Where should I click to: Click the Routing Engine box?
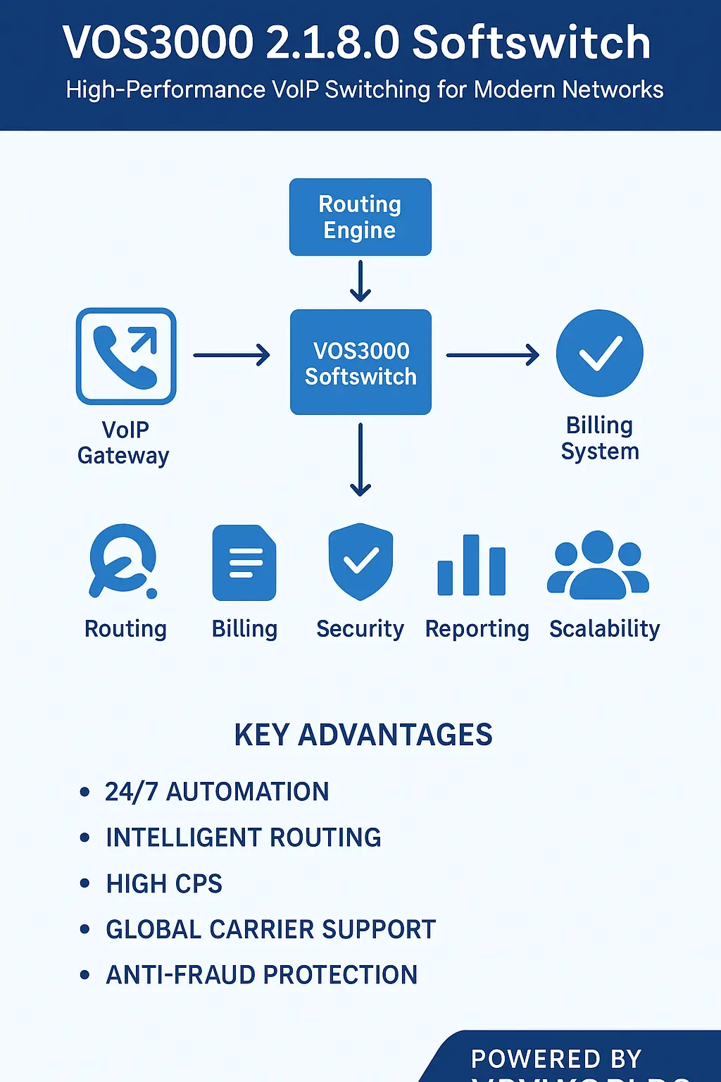point(360,217)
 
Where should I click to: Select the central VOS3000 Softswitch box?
point(360,362)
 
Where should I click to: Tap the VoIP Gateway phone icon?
point(126,356)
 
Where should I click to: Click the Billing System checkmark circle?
point(599,353)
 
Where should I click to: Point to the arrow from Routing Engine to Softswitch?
point(360,280)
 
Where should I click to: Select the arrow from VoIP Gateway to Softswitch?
point(232,355)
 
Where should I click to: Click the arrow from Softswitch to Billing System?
point(492,355)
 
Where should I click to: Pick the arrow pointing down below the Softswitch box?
point(360,459)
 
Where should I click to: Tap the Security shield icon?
point(360,561)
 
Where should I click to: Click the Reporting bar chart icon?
point(472,565)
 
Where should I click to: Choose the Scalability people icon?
point(598,565)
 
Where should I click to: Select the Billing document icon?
point(244,563)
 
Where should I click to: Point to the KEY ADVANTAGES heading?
point(363,735)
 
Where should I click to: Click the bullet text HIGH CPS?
point(164,883)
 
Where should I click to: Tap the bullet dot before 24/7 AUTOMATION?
point(85,792)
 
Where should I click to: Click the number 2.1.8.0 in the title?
point(333,42)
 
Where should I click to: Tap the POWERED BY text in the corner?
point(556,1059)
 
